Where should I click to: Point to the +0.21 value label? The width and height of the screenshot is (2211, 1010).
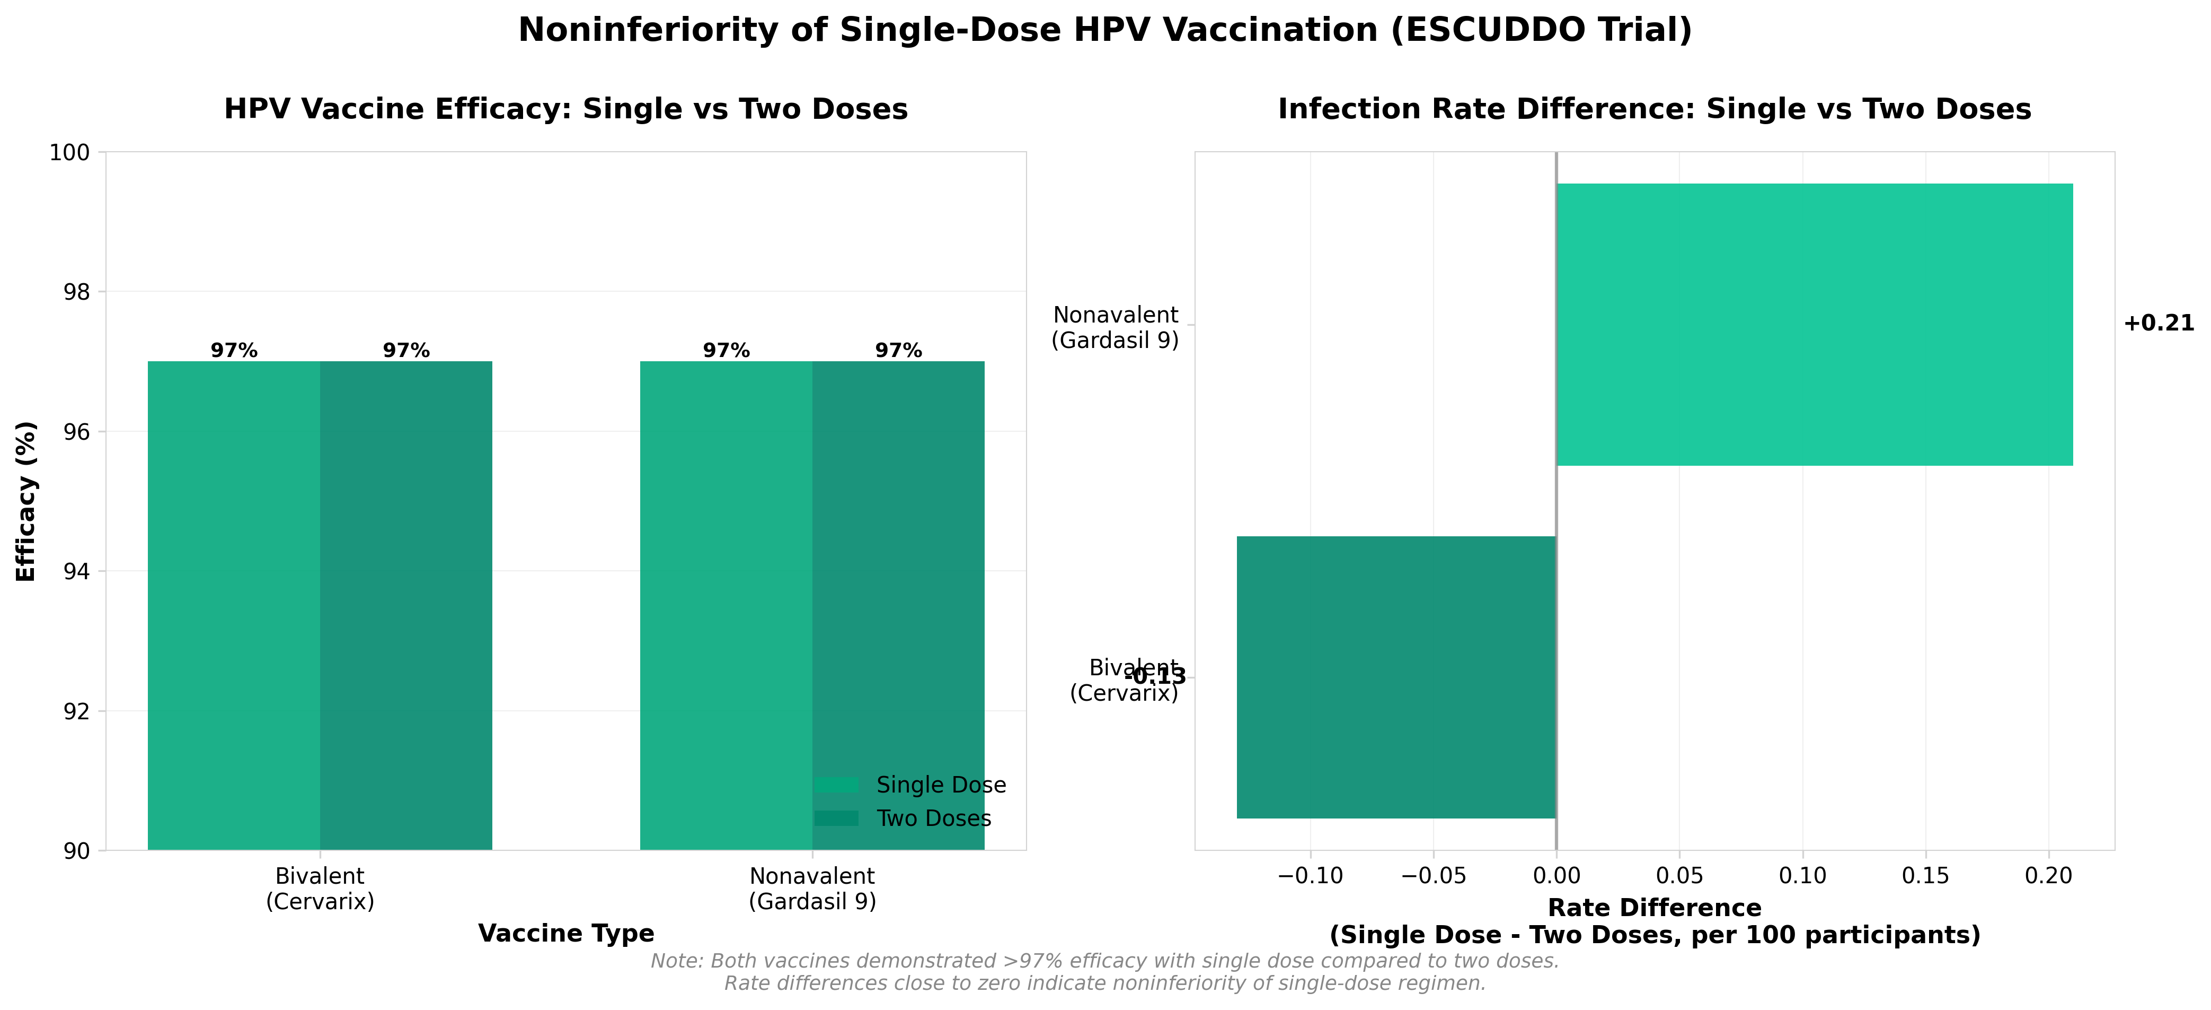[x=2158, y=324]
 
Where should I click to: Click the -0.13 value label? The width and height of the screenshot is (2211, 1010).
[x=1155, y=677]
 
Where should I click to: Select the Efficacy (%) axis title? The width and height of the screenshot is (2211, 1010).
[x=26, y=502]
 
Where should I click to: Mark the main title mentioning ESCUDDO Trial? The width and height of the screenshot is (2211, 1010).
[x=1104, y=30]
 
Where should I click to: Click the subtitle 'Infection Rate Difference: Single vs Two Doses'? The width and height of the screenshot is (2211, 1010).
[x=1654, y=109]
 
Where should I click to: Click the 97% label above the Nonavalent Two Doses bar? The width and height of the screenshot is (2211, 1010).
[x=898, y=351]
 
